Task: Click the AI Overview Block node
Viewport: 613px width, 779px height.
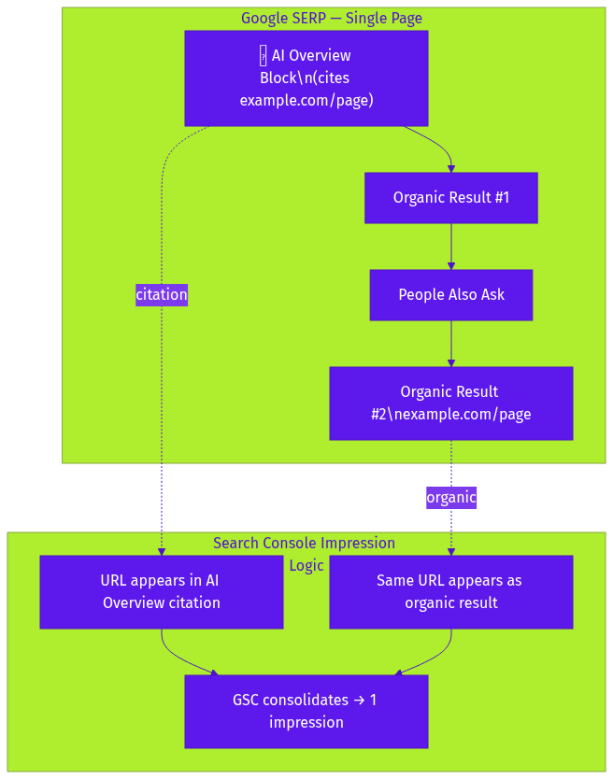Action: (306, 78)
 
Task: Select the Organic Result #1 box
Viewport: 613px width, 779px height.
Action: (450, 198)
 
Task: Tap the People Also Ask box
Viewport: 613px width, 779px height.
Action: (450, 295)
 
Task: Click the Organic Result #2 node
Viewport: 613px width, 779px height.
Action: (450, 404)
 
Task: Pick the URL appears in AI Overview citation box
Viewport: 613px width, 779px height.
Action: (161, 592)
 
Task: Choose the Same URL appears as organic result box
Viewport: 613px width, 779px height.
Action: (450, 592)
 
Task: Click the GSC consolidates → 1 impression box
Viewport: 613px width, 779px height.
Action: (306, 712)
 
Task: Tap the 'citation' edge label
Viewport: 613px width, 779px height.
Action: (162, 295)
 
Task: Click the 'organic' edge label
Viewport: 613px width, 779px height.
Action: (451, 498)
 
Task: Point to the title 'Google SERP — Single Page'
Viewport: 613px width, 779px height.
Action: (332, 19)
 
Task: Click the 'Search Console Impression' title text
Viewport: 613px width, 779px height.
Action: (304, 544)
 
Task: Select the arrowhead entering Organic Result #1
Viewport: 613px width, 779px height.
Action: (451, 168)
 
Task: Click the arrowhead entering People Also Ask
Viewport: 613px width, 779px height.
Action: (451, 265)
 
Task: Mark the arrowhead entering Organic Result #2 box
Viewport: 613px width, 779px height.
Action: (451, 362)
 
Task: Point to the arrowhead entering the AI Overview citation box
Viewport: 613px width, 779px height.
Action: (162, 551)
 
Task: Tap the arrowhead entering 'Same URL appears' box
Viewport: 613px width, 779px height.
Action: (451, 551)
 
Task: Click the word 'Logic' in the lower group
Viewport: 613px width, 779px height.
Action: (306, 565)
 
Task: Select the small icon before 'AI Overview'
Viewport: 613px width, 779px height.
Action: (264, 56)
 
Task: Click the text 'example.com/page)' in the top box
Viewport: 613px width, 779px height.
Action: (306, 101)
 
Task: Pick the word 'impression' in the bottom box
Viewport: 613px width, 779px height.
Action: (306, 722)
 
